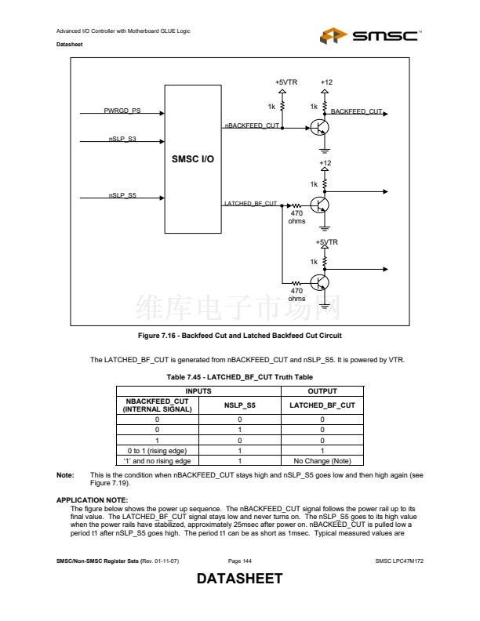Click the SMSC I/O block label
click(x=192, y=159)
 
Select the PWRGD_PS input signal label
click(x=122, y=111)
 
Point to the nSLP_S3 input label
click(x=122, y=140)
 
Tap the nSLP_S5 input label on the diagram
click(x=122, y=195)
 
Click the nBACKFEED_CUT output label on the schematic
click(x=252, y=125)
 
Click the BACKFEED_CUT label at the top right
click(x=356, y=112)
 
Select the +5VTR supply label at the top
click(x=285, y=82)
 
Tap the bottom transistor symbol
click(x=320, y=283)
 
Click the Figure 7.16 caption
click(x=240, y=336)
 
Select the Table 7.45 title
click(x=240, y=377)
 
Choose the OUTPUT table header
click(x=322, y=390)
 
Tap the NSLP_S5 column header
click(x=240, y=405)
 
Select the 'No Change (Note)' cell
click(x=322, y=461)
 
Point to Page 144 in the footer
click(x=240, y=561)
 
